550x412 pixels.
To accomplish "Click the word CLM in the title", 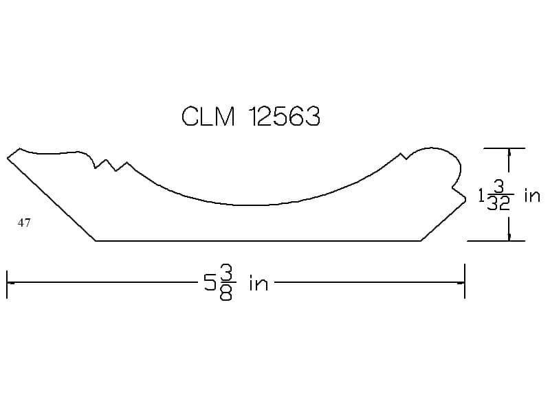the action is point(208,116).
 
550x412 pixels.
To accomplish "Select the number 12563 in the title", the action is point(285,116).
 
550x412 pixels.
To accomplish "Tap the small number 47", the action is point(24,222).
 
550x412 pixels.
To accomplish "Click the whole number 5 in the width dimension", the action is point(210,282).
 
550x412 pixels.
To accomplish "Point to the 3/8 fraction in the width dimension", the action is point(226,283).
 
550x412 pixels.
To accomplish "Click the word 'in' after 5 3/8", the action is point(259,283).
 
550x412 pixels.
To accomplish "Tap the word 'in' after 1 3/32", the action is point(531,196).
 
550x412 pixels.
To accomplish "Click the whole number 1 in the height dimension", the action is point(481,196).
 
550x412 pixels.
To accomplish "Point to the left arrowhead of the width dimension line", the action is point(10,282).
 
